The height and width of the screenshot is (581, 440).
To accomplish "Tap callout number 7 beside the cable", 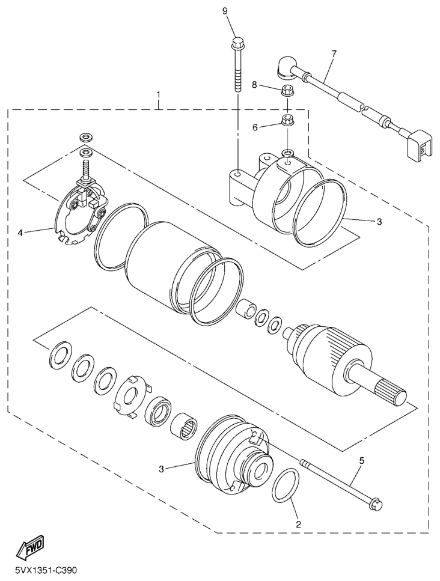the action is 334,53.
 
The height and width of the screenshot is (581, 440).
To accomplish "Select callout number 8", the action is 254,85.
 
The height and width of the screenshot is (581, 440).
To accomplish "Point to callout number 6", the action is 255,127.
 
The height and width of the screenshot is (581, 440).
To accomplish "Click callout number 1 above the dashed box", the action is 159,94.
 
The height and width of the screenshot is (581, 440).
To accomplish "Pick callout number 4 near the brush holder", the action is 20,233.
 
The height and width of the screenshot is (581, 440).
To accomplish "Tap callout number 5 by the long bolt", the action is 361,461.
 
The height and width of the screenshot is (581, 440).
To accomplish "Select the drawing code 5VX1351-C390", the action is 47,570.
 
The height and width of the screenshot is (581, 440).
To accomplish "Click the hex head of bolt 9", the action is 236,43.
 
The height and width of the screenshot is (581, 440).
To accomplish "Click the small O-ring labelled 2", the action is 286,485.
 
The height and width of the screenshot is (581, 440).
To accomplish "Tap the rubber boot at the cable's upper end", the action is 288,68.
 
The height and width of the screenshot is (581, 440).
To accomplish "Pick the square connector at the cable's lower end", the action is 420,145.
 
